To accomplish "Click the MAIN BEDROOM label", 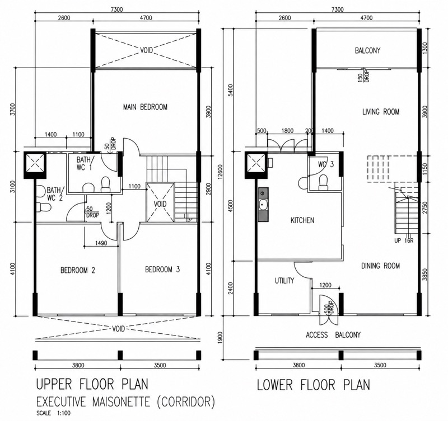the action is (145, 107).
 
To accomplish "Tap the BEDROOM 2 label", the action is (78, 270).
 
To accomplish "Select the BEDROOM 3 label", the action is (162, 269).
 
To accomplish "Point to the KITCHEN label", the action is (302, 220).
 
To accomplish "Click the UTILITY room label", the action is (284, 281).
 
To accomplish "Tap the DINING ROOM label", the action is (380, 266).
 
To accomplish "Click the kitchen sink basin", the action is (263, 205).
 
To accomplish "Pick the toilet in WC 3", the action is (324, 182).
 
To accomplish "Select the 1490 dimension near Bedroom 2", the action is (101, 243).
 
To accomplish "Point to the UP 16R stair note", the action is (404, 241).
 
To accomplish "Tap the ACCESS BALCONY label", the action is (333, 335).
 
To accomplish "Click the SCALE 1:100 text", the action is (53, 413).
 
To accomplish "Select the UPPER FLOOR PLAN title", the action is (92, 384).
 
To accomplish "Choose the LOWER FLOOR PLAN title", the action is (314, 385).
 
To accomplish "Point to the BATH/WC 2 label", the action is (55, 194).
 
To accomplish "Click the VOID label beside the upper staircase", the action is (160, 204).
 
